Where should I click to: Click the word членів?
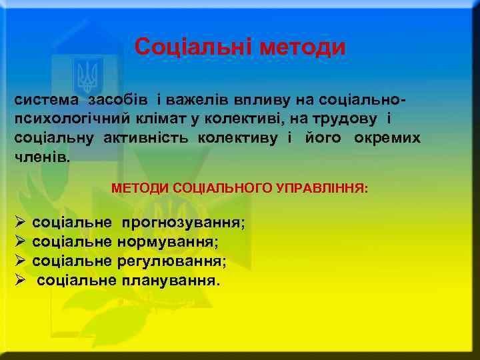coord(41,157)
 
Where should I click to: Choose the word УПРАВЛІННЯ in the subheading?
coord(325,189)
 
